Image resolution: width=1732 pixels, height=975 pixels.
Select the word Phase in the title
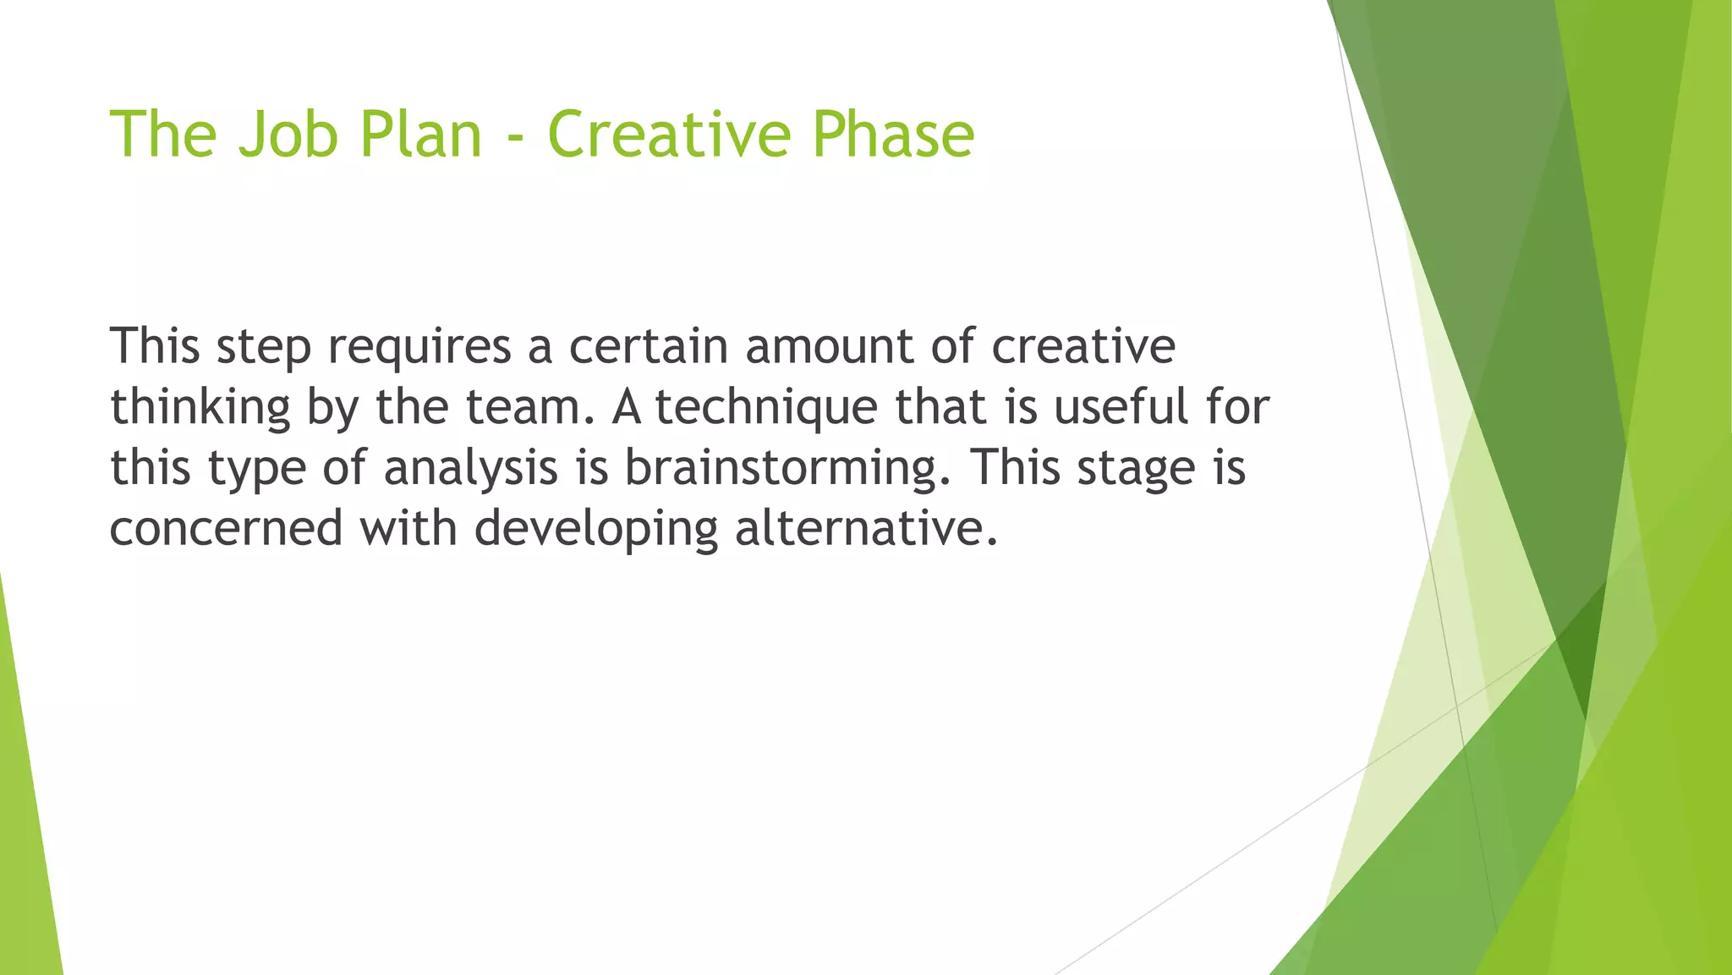893,134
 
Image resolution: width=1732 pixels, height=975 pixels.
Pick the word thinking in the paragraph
200,408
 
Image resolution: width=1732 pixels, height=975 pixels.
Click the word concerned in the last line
226,528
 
